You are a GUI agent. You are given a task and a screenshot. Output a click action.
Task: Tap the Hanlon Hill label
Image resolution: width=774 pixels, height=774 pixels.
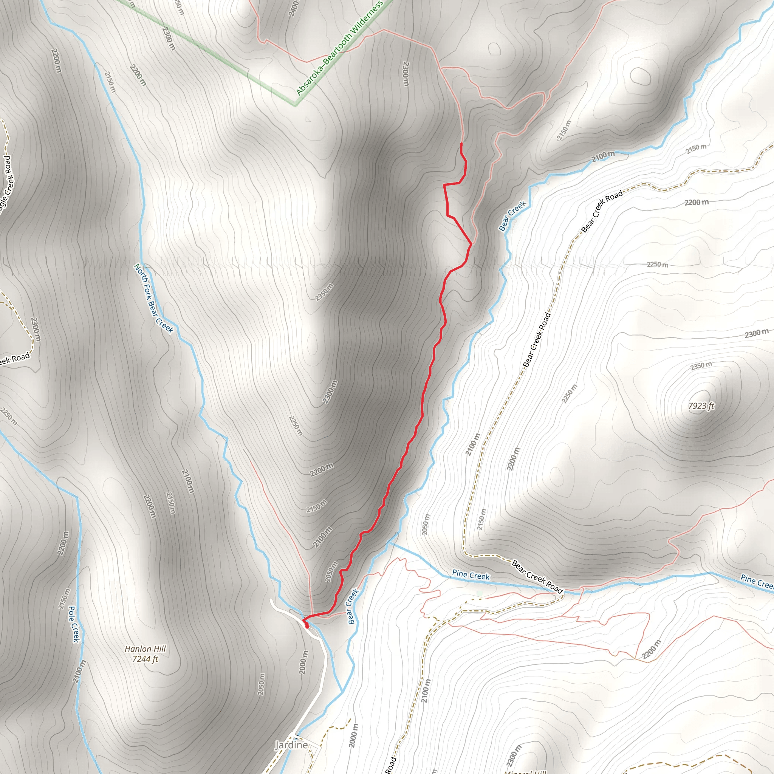(145, 649)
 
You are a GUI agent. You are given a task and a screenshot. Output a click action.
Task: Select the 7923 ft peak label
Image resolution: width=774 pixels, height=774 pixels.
(701, 406)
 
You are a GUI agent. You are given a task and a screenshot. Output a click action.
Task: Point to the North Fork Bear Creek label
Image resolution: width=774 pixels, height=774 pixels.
(153, 298)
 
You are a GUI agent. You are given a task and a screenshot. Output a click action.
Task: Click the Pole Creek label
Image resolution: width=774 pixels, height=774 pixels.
(74, 624)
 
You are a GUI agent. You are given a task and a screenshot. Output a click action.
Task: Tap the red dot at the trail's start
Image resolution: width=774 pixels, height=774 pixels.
(307, 626)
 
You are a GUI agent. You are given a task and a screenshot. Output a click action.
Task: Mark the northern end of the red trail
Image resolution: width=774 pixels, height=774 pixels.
(461, 143)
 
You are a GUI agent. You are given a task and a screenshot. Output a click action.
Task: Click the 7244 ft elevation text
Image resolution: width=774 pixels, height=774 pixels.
(145, 659)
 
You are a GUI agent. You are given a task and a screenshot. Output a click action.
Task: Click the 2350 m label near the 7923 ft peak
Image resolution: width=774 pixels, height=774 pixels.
(701, 366)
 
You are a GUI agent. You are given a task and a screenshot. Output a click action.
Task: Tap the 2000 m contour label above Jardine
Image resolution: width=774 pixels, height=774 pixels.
(304, 662)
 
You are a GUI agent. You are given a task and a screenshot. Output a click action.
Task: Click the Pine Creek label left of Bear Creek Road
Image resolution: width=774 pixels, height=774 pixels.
(471, 575)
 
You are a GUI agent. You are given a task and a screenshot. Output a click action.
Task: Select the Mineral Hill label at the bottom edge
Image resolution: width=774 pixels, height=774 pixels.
(525, 772)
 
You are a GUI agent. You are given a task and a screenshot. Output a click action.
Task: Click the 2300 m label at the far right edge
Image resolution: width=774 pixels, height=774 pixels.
(756, 333)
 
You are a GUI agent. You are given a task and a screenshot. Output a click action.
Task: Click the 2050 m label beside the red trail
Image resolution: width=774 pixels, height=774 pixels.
(332, 572)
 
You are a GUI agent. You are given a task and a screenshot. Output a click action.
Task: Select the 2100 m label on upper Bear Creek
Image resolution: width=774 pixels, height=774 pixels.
(603, 156)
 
